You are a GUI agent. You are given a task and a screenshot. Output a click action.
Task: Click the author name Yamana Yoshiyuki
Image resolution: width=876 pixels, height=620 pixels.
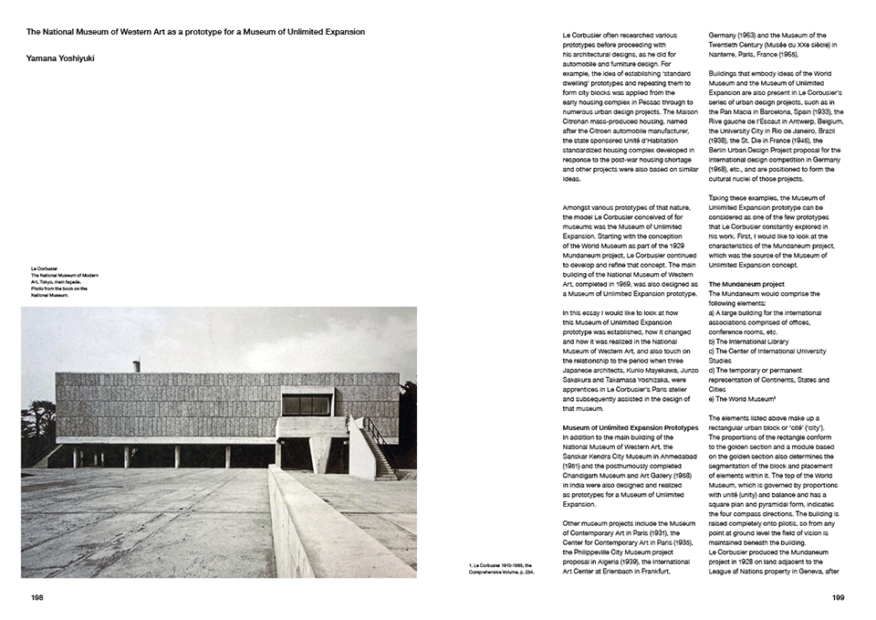[x=60, y=58]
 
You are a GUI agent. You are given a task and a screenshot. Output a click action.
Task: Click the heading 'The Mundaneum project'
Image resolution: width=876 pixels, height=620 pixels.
[x=748, y=285]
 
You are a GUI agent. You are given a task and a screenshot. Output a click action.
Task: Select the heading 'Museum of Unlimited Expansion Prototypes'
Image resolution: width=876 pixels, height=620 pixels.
[x=631, y=426]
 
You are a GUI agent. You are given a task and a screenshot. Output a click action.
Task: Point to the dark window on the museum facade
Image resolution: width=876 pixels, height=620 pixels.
[x=306, y=404]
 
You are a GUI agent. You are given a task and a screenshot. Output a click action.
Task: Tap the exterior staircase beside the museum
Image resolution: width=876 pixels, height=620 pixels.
[x=379, y=447]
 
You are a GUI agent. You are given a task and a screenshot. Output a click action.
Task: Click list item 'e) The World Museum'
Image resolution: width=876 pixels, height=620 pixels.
[x=743, y=398]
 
